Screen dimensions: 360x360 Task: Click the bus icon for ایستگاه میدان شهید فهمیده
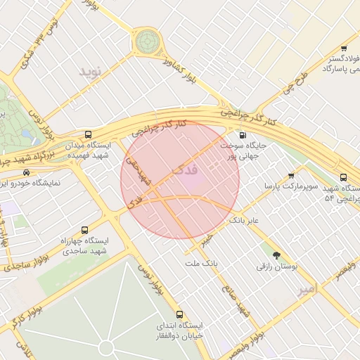(88, 134)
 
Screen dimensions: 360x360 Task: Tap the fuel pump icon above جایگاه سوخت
(243, 135)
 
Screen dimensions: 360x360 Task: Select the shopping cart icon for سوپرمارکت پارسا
(291, 176)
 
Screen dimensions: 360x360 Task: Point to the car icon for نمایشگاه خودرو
(27, 172)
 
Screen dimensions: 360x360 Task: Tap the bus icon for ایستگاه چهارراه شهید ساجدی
(85, 230)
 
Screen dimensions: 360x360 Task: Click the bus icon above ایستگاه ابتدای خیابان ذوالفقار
(179, 314)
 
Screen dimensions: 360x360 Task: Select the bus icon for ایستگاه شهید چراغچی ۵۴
(343, 178)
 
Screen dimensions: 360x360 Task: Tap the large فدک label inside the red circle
(185, 171)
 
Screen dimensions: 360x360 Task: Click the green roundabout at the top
(148, 41)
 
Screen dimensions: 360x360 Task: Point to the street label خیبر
(205, 240)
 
